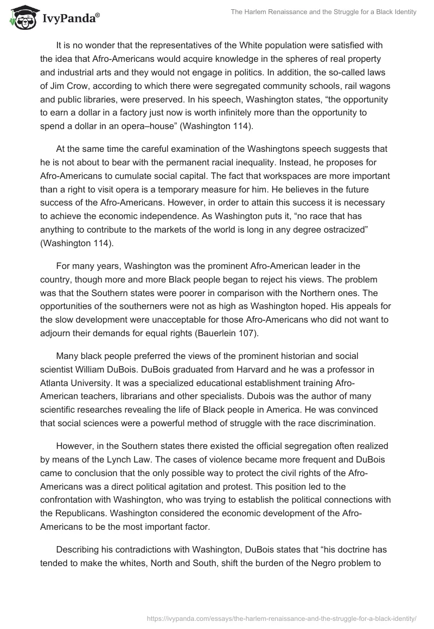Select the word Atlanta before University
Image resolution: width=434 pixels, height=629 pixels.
coord(55,383)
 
